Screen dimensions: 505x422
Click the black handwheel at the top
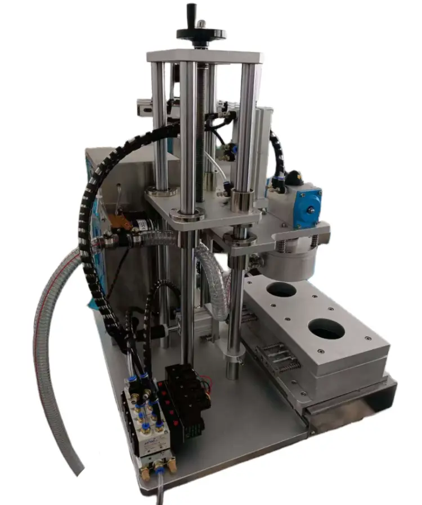(x=201, y=33)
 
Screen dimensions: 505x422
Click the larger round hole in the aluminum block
(x=326, y=329)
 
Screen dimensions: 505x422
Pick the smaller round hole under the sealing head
(x=281, y=290)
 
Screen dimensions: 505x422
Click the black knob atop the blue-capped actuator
(x=292, y=179)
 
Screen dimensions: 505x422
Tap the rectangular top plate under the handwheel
(x=205, y=56)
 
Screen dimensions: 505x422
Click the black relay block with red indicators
(x=186, y=399)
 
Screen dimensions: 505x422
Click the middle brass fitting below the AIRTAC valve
(x=158, y=466)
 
